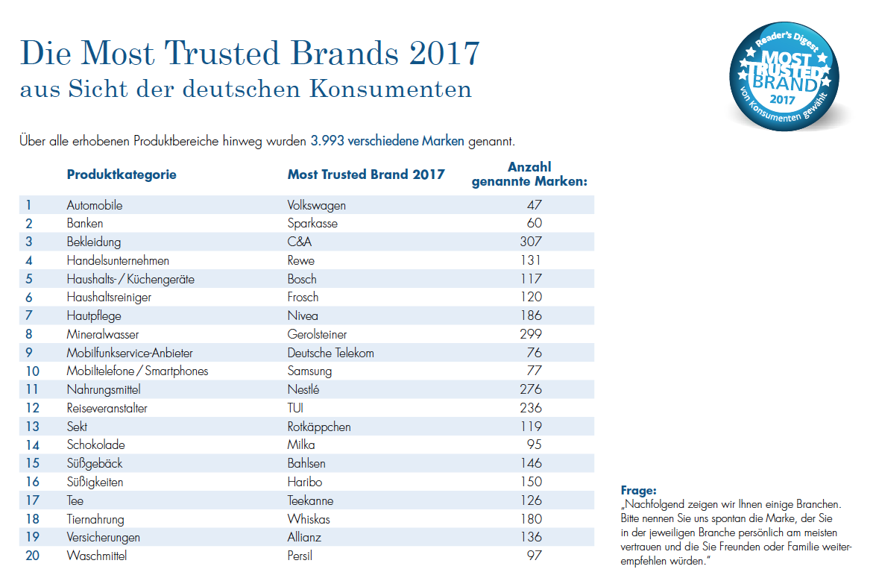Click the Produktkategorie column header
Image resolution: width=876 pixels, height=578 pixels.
tap(122, 175)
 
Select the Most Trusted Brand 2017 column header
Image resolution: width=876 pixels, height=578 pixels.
tap(366, 175)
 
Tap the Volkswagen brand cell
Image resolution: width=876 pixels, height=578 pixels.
tap(316, 206)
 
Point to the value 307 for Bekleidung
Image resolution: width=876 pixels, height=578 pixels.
tap(530, 242)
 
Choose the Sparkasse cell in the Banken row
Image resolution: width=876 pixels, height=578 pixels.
tap(312, 224)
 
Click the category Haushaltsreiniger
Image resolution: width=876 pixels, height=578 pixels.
tap(109, 298)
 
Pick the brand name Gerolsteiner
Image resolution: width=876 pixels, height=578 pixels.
tap(317, 334)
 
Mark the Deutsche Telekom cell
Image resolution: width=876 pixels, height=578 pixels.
tap(330, 353)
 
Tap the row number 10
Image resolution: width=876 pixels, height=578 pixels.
tap(32, 371)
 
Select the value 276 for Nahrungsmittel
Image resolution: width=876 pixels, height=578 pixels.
tap(530, 389)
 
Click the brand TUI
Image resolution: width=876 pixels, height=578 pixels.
tap(295, 408)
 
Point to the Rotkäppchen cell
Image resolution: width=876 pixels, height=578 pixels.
tap(319, 427)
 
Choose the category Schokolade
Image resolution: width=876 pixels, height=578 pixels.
tap(95, 445)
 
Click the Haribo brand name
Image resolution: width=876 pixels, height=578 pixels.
tap(304, 482)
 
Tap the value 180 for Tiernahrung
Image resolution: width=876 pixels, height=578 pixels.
tap(530, 519)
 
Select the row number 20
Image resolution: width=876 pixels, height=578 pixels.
tap(32, 556)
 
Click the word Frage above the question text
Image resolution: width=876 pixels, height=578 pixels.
tap(639, 491)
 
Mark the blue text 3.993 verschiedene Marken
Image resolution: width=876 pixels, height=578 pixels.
tap(387, 141)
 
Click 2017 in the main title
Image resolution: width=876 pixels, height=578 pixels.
tap(444, 53)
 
